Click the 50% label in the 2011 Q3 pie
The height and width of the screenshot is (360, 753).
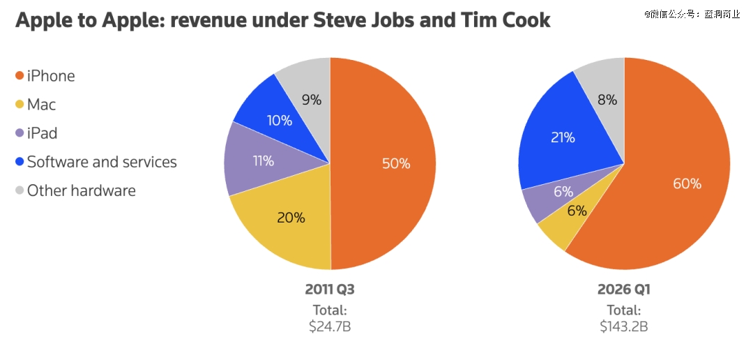(x=396, y=164)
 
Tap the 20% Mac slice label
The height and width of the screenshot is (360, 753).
(x=291, y=218)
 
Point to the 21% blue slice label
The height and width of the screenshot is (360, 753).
(x=563, y=138)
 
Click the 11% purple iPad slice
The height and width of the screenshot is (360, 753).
(x=263, y=161)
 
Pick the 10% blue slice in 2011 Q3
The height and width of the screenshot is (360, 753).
(x=279, y=120)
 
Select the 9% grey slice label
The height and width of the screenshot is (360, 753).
(x=312, y=100)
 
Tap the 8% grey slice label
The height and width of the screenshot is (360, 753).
(x=607, y=100)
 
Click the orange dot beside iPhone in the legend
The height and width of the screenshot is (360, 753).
(x=20, y=76)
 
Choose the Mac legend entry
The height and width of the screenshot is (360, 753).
(x=41, y=105)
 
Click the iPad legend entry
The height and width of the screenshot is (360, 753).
(x=42, y=133)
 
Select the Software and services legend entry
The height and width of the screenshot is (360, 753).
(x=102, y=162)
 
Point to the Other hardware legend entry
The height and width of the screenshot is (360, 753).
(x=81, y=190)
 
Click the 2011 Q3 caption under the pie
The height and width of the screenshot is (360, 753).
(x=330, y=290)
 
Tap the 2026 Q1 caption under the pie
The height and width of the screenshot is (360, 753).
(x=623, y=290)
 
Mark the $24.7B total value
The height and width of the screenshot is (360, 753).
(x=330, y=326)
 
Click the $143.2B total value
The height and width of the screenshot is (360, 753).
(x=623, y=326)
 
